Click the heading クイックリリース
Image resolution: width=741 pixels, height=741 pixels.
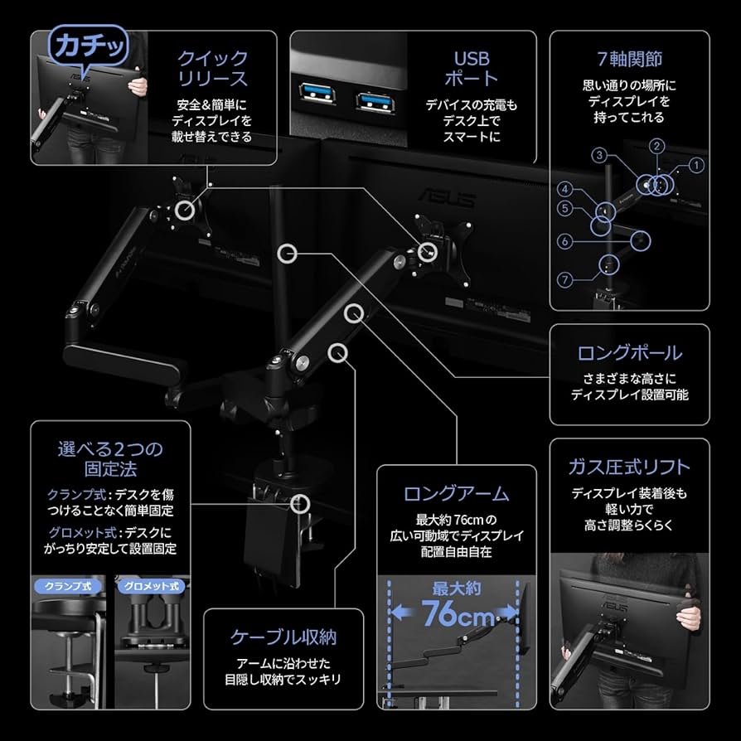pos(212,69)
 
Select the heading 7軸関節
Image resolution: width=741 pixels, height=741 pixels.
pos(629,60)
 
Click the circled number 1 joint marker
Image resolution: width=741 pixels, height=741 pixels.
pos(695,165)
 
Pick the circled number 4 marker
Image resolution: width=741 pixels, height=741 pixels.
pos(564,188)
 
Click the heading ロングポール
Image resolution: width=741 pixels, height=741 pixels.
pos(629,352)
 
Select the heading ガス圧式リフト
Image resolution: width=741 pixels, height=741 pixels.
pos(629,467)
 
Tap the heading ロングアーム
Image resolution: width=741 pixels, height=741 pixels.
pos(456,494)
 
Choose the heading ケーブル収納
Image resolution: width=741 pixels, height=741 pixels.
pos(283,637)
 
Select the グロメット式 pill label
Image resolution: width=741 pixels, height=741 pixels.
pos(150,586)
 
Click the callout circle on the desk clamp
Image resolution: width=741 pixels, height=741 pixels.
pos(301,503)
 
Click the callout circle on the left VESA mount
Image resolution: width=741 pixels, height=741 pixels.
pos(186,210)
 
